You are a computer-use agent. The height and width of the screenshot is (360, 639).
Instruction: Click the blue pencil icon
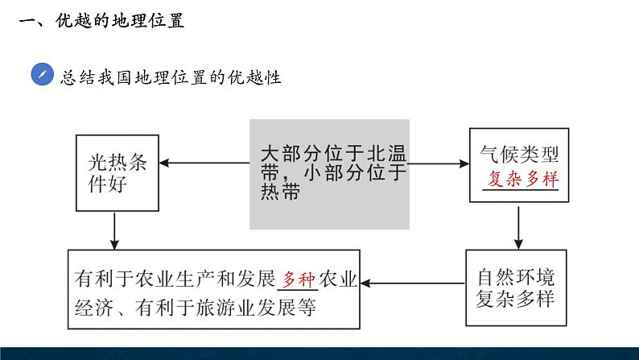pos(43,74)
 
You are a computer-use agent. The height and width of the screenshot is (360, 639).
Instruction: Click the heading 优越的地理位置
pos(120,20)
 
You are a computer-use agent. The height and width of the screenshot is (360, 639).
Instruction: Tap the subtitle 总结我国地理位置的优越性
pos(171,77)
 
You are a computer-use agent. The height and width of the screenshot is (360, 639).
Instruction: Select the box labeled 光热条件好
pos(117,173)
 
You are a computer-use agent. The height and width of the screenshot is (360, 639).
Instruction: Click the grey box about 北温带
pos(330,174)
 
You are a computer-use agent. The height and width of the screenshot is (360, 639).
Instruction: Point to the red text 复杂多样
pos(523,179)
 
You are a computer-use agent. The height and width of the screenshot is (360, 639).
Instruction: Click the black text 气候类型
pos(519,154)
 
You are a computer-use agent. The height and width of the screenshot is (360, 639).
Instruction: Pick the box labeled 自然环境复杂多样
pos(517,288)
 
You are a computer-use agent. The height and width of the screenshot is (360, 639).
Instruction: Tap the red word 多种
pos(299,279)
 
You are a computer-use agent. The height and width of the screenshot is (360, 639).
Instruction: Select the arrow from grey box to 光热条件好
pos(204,163)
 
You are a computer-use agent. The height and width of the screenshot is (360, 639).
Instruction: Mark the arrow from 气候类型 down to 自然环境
pos(518,228)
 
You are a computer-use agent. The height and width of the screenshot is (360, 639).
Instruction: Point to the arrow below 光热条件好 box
pos(114,231)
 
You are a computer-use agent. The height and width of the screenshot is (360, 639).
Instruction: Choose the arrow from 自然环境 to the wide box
pos(413,283)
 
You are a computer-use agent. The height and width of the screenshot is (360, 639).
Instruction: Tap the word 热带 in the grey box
pos(280,192)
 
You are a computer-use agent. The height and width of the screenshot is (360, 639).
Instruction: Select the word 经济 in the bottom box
pos(93,308)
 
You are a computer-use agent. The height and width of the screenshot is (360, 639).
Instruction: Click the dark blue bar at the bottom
pos(319,354)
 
